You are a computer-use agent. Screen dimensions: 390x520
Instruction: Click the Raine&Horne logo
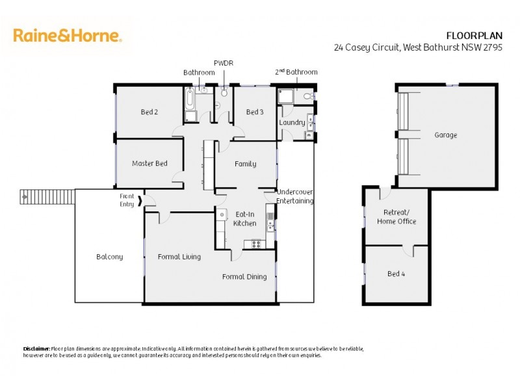click(x=68, y=35)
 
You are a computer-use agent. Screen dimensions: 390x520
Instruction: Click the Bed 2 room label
click(x=149, y=112)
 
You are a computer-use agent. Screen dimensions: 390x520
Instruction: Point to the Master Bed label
click(x=149, y=163)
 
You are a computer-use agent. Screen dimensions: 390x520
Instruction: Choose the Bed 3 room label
click(x=255, y=112)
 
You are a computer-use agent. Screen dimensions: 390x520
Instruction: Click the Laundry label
click(x=292, y=122)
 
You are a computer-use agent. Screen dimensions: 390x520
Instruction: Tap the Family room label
click(x=245, y=164)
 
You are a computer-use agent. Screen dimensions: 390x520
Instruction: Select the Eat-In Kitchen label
click(x=245, y=218)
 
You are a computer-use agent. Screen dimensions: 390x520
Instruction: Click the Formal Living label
click(x=179, y=257)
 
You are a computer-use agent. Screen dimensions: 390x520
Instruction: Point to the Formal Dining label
click(x=244, y=277)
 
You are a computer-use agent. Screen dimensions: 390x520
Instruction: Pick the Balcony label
click(x=109, y=257)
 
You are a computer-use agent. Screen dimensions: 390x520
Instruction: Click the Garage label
click(x=446, y=135)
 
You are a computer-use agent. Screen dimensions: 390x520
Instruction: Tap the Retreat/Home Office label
click(x=396, y=217)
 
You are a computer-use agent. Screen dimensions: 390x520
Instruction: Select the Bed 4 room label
click(x=396, y=274)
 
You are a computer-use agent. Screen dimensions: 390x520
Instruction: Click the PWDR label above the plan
click(x=223, y=62)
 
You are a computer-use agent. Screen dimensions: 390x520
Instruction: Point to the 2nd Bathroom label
click(x=296, y=71)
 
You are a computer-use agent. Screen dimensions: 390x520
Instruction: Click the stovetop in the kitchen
click(x=253, y=244)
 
